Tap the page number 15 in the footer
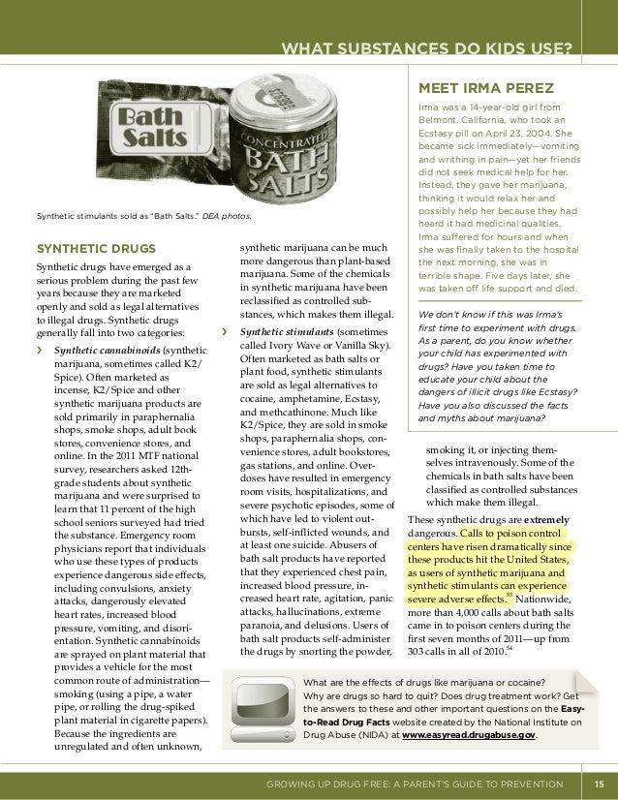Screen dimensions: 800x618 (x=599, y=784)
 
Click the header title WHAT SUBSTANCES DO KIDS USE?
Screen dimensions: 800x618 (x=425, y=49)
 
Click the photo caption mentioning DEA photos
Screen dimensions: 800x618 (x=143, y=215)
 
